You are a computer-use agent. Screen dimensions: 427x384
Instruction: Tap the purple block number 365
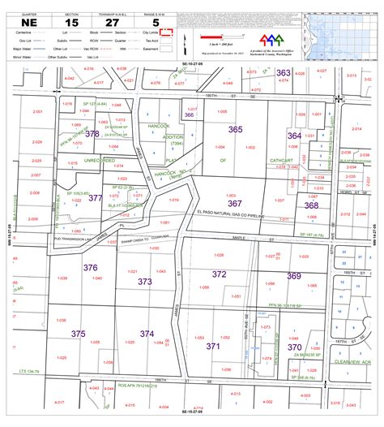[x=236, y=130]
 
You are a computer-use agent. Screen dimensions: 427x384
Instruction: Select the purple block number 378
[x=92, y=134]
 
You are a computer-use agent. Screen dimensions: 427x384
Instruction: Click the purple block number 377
[x=95, y=197]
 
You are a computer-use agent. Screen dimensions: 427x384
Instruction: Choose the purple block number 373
[x=144, y=282]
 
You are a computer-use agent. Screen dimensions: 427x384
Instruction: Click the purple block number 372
[x=219, y=274]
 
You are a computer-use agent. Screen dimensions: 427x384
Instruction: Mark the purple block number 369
[x=293, y=276]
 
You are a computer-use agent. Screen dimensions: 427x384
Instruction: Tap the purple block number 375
[x=78, y=334]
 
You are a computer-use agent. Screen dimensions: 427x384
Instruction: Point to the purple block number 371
[x=213, y=346]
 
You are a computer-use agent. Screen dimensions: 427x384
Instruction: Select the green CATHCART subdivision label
[x=281, y=161]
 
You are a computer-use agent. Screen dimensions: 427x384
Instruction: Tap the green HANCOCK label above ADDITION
[x=158, y=127]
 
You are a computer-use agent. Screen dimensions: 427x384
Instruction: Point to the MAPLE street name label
[x=238, y=237]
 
